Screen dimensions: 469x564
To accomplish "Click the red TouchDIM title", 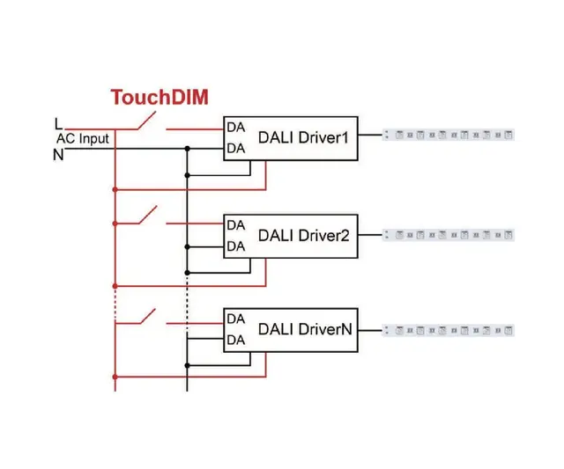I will pos(160,97).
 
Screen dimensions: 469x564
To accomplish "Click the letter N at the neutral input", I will pos(58,154).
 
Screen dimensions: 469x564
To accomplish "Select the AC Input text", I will pos(83,139).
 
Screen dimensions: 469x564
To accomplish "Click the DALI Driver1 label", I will pos(304,138).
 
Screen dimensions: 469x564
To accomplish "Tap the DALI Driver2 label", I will pos(304,235).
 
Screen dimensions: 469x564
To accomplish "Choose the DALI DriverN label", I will pos(305,329).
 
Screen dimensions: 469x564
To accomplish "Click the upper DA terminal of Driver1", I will pos(235,128).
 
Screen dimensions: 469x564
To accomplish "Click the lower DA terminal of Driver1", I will pos(235,149).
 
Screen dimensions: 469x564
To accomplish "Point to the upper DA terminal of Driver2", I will pos(235,225).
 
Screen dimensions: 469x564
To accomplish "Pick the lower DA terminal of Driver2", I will pos(235,246).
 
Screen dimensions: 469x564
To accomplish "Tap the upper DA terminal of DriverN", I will pos(235,319).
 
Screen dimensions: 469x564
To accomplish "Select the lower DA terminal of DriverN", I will pos(235,340).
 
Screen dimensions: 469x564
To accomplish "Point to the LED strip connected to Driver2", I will pos(449,235).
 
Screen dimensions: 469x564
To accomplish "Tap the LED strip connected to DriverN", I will pos(449,331).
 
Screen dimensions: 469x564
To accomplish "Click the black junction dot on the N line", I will pos(187,149).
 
